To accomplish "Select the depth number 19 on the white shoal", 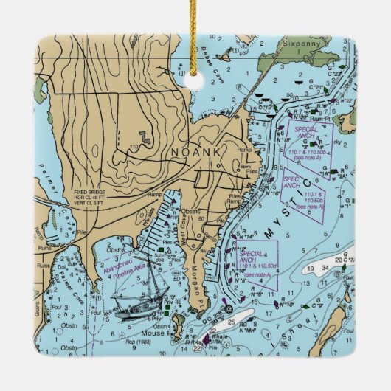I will pyautogui.click(x=312, y=268).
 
